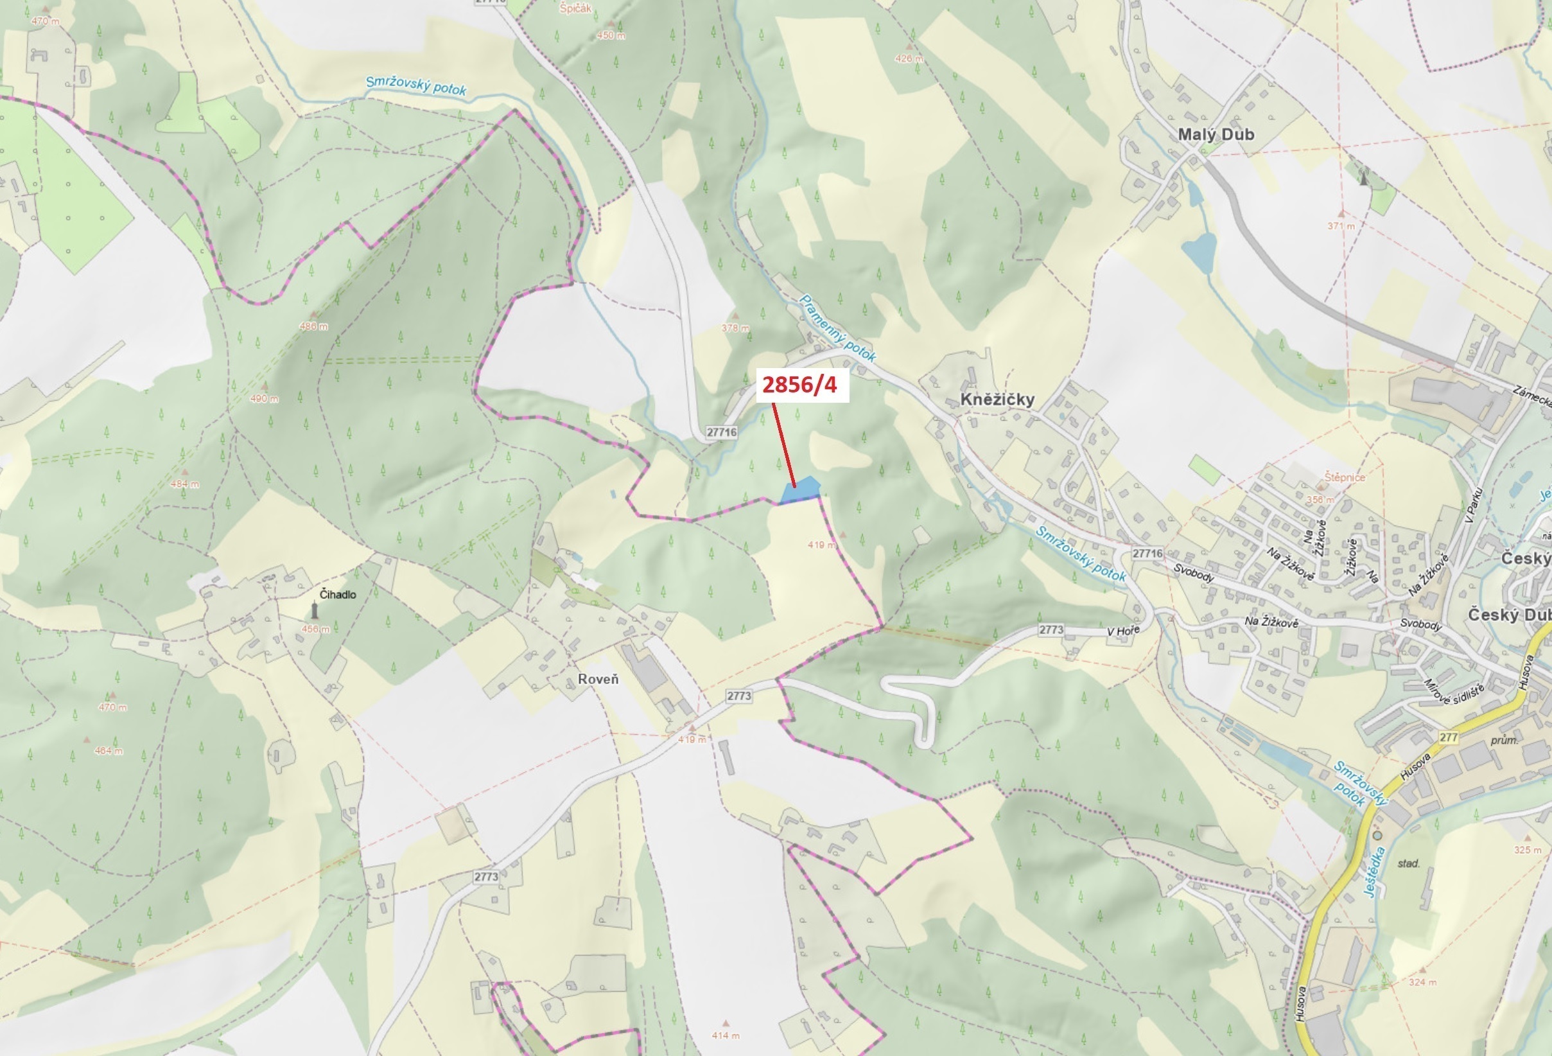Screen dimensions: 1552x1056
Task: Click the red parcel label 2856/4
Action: (x=799, y=385)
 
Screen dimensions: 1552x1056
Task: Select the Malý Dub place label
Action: (x=1216, y=134)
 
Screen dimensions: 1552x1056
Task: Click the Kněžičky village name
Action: (x=997, y=400)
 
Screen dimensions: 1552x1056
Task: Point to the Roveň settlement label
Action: (x=598, y=680)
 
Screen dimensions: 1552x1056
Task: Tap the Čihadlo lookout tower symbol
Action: (x=315, y=610)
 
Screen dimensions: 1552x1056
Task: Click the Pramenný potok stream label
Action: (x=837, y=328)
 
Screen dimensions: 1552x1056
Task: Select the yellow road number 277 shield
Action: (x=1449, y=737)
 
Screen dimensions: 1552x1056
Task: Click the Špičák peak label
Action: (x=575, y=9)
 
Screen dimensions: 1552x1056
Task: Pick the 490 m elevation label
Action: (x=264, y=399)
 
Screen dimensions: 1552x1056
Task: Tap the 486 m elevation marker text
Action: (x=313, y=326)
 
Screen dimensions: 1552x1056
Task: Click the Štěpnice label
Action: (x=1345, y=477)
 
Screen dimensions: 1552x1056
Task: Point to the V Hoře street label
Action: (x=1122, y=631)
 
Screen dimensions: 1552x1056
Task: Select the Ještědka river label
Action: (x=1374, y=872)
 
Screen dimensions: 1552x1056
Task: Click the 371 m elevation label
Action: (x=1341, y=225)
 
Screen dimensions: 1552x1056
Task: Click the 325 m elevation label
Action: (x=1528, y=850)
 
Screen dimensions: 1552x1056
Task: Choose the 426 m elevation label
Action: (x=908, y=59)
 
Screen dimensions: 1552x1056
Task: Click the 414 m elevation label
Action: (x=725, y=1035)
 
